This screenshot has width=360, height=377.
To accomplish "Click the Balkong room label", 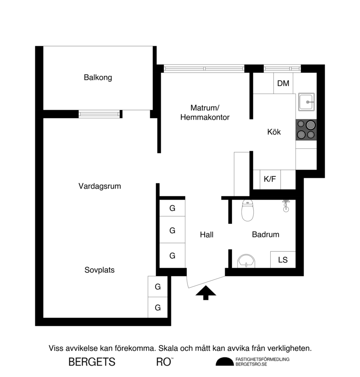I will point(97,78).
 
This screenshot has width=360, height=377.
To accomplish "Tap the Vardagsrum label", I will point(100,186).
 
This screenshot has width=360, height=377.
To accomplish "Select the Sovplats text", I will point(99,270).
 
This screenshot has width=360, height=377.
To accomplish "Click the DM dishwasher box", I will point(283,84).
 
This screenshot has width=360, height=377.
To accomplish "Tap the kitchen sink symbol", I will point(306,101).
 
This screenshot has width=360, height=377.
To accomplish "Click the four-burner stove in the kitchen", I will point(306,130).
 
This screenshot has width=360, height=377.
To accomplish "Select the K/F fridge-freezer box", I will point(270,179).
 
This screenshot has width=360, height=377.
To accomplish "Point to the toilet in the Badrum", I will point(247,211).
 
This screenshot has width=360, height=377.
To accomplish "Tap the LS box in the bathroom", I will point(283,260).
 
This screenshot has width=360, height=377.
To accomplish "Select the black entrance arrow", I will point(206,293).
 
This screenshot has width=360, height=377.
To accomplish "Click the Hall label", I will point(207,235).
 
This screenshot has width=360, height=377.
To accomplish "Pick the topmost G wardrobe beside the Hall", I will point(172,209).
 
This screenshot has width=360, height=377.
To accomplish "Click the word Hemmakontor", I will point(205,118).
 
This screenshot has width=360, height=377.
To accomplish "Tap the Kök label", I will point(274,132).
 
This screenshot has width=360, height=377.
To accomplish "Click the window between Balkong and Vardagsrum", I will point(100,114).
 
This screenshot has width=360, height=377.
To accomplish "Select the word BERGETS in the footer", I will point(92,362).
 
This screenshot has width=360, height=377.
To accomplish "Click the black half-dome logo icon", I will point(224,362).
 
